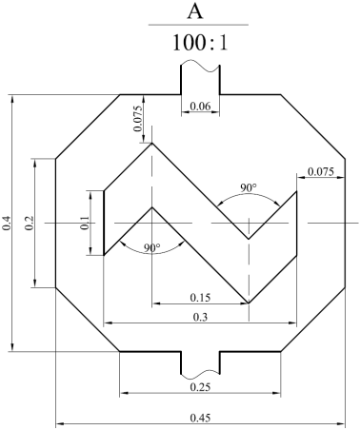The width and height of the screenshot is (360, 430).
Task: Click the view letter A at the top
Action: (x=195, y=12)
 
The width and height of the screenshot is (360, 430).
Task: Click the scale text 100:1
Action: (x=200, y=43)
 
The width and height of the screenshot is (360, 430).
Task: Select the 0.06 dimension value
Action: (x=200, y=107)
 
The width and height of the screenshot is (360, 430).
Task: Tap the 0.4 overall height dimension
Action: (x=7, y=223)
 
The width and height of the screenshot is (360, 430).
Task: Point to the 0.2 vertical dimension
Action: (x=30, y=223)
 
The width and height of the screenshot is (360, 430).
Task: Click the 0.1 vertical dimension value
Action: (x=85, y=223)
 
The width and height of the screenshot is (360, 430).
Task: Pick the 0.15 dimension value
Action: (x=200, y=298)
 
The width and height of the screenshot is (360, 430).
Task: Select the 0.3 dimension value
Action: (x=200, y=317)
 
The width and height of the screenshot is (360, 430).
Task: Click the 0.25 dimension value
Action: (x=200, y=387)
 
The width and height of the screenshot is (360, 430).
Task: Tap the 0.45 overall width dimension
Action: (x=200, y=418)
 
